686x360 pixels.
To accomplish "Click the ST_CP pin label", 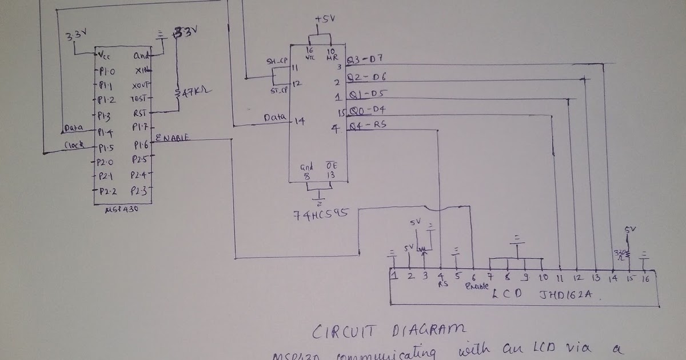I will (278, 91).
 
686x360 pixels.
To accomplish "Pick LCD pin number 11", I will (560, 278).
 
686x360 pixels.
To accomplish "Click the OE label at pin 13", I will (330, 166).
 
